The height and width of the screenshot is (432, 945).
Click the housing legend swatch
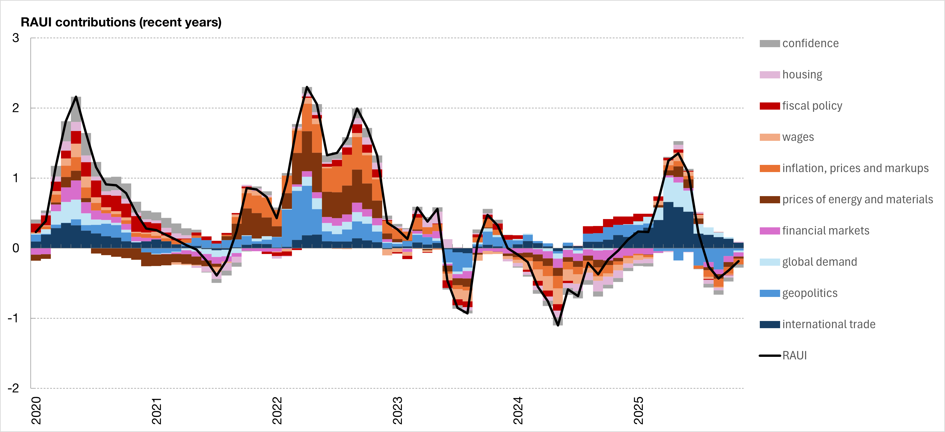tap(769, 74)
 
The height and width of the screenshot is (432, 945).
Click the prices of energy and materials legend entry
tap(857, 200)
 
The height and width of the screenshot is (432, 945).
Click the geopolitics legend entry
tap(810, 293)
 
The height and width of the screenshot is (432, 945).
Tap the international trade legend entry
tap(828, 324)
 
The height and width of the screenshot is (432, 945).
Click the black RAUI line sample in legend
tap(769, 356)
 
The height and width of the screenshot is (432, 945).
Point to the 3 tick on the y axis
tap(15, 38)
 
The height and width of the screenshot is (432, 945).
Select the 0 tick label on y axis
tap(15, 248)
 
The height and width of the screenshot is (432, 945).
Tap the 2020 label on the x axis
tap(36, 410)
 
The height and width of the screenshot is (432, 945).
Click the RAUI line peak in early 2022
tap(307, 87)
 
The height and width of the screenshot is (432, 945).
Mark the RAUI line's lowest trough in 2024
tap(558, 325)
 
